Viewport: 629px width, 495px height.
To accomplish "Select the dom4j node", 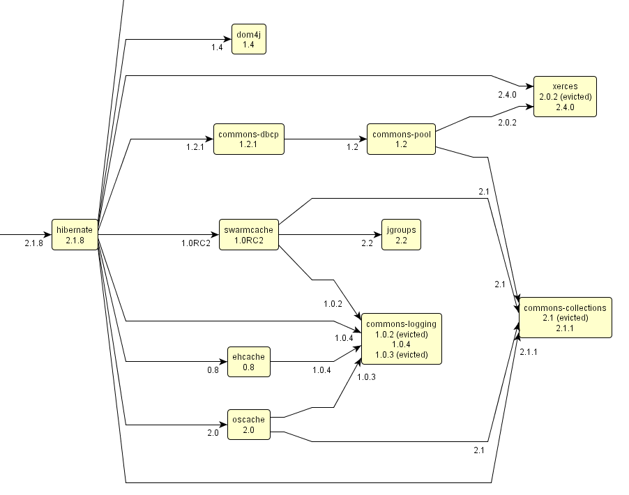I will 248,39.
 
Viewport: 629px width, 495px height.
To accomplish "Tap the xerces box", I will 565,96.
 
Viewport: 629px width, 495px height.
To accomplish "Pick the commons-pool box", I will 400,139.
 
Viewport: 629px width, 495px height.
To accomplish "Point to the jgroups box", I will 401,235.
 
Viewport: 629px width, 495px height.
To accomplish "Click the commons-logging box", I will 401,338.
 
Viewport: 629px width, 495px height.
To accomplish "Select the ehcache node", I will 249,362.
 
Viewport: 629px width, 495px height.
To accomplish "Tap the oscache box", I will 249,425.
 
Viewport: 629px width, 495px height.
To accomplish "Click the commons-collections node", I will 565,318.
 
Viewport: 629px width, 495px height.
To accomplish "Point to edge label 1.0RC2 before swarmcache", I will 196,244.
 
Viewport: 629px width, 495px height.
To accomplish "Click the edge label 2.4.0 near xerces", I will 507,94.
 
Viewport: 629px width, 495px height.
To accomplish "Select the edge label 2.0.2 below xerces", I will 507,123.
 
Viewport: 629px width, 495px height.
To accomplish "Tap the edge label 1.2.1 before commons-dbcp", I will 195,148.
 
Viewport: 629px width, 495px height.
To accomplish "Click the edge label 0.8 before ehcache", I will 213,370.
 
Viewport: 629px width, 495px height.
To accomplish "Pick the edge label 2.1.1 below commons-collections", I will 529,352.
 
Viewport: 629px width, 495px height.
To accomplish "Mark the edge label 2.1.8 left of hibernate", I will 33,244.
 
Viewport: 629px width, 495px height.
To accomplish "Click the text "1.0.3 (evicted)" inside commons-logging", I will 401,354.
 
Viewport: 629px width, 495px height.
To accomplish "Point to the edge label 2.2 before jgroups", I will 367,244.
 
